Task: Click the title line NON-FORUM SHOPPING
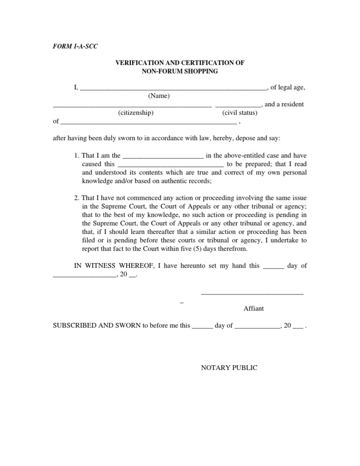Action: [180, 71]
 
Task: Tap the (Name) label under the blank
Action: [159, 96]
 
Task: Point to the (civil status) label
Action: [240, 113]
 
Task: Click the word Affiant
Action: [254, 308]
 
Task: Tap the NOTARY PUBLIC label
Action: [229, 368]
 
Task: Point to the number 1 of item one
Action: [76, 155]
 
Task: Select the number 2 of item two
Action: [76, 198]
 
